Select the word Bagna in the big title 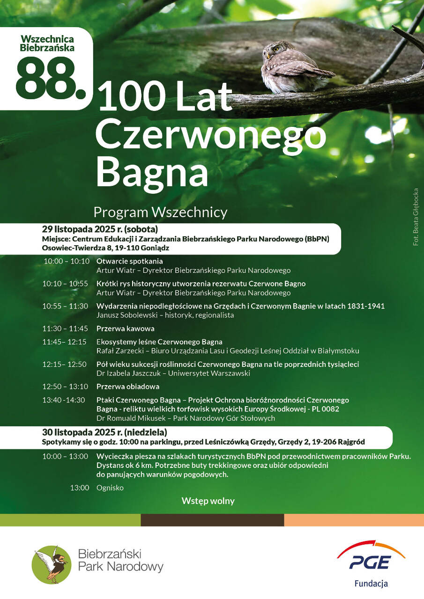click(x=152, y=172)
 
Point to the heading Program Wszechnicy click(x=160, y=212)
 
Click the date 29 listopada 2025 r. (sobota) click(x=100, y=229)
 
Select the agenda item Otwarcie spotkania click(x=130, y=261)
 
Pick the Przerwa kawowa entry click(x=125, y=329)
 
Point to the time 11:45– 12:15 click(x=65, y=342)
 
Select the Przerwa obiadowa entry click(x=128, y=387)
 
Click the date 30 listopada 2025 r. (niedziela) click(x=104, y=432)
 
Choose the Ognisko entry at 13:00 click(x=110, y=488)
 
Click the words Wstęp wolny click(x=208, y=501)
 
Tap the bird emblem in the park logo click(x=52, y=564)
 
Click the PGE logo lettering click(x=370, y=562)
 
